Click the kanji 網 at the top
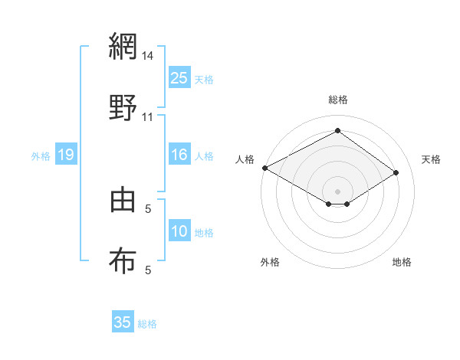click(123, 47)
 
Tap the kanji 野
click(123, 108)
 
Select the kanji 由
click(123, 200)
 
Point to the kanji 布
click(123, 261)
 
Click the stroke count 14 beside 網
click(148, 56)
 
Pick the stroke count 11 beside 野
click(148, 117)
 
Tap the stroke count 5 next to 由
click(148, 208)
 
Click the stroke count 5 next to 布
click(148, 270)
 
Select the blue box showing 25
click(179, 78)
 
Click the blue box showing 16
click(179, 155)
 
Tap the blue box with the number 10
click(179, 231)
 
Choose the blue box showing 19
click(66, 155)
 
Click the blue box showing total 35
click(123, 322)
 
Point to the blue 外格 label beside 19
click(41, 155)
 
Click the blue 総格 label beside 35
click(147, 323)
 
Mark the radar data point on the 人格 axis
click(264, 168)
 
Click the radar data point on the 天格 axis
click(396, 173)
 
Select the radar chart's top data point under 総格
click(337, 131)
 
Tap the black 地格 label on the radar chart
click(402, 262)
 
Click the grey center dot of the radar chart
click(337, 191)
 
